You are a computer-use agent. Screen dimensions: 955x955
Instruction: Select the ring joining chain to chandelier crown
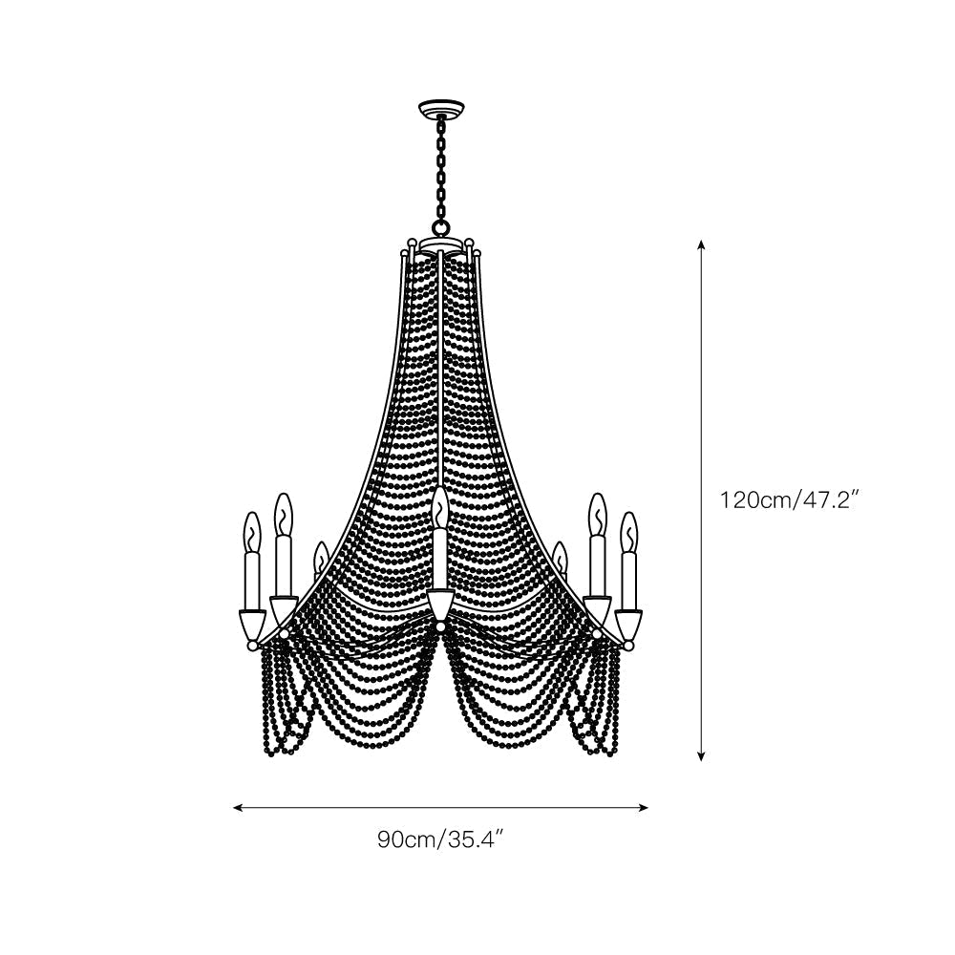point(439,227)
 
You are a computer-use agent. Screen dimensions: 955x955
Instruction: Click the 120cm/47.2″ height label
point(792,499)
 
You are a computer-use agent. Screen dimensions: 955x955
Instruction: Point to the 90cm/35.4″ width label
point(439,840)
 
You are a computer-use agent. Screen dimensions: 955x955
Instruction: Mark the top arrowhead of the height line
point(701,244)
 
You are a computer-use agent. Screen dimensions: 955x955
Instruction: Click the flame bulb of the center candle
point(439,508)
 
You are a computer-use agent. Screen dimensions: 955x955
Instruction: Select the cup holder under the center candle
point(439,605)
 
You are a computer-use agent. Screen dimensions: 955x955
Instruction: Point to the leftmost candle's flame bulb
point(251,532)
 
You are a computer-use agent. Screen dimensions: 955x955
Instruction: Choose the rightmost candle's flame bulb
point(628,532)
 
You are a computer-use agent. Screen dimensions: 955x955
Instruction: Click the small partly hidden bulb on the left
point(320,556)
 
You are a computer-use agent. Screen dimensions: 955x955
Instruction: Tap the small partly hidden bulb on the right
point(560,556)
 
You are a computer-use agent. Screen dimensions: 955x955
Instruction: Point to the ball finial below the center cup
point(439,627)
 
